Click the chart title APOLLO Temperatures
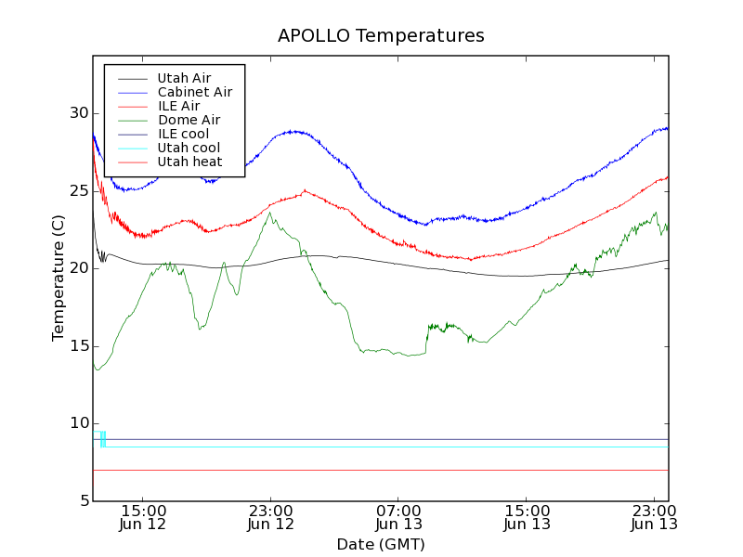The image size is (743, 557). click(381, 36)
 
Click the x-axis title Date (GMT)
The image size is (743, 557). click(381, 544)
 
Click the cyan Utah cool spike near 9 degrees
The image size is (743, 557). click(103, 438)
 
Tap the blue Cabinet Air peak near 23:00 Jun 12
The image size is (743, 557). click(293, 131)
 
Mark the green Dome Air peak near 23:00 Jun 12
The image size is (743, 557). click(270, 213)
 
